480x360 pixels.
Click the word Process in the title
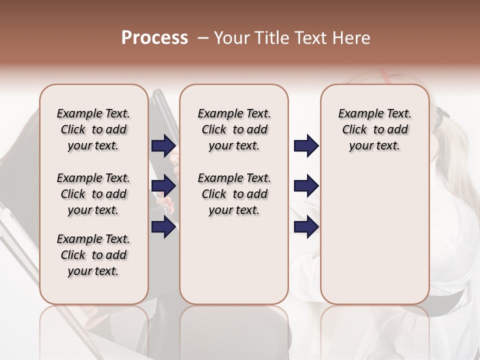[x=154, y=38]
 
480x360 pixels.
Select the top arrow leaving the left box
[x=163, y=146]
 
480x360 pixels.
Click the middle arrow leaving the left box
[x=163, y=186]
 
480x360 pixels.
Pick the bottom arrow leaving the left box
[x=163, y=227]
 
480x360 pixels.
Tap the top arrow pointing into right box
[x=306, y=146]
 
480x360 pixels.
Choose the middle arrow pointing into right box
[x=306, y=186]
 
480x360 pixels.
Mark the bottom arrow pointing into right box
[x=306, y=227]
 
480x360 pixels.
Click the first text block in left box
[x=93, y=129]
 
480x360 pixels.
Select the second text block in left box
[x=93, y=194]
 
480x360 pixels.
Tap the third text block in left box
[x=93, y=255]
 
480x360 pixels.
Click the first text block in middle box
[x=234, y=129]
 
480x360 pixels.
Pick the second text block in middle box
[x=234, y=194]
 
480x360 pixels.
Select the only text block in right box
[x=375, y=129]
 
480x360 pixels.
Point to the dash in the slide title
[x=203, y=38]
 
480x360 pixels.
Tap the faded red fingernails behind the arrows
[x=168, y=204]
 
